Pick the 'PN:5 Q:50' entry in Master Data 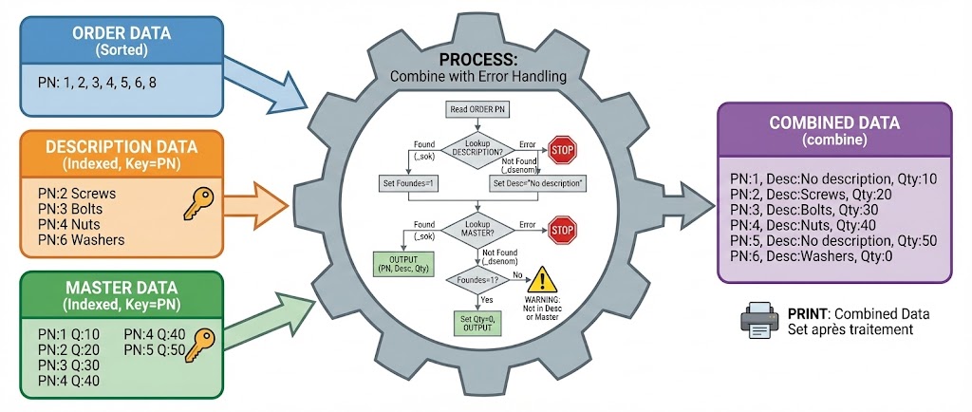[158, 350]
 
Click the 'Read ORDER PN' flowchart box [480, 110]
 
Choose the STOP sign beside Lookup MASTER [563, 228]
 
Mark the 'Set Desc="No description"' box [535, 181]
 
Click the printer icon [759, 321]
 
